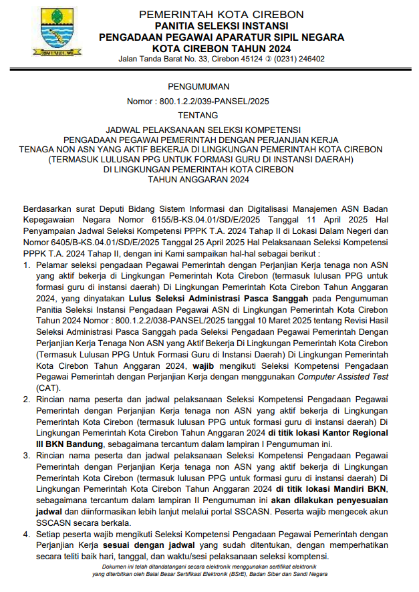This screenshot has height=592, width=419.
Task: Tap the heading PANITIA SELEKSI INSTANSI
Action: (221, 25)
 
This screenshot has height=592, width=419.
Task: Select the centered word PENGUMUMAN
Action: (198, 86)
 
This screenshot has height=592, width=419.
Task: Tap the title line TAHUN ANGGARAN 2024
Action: (198, 179)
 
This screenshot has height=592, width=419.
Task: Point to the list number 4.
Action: (26, 535)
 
